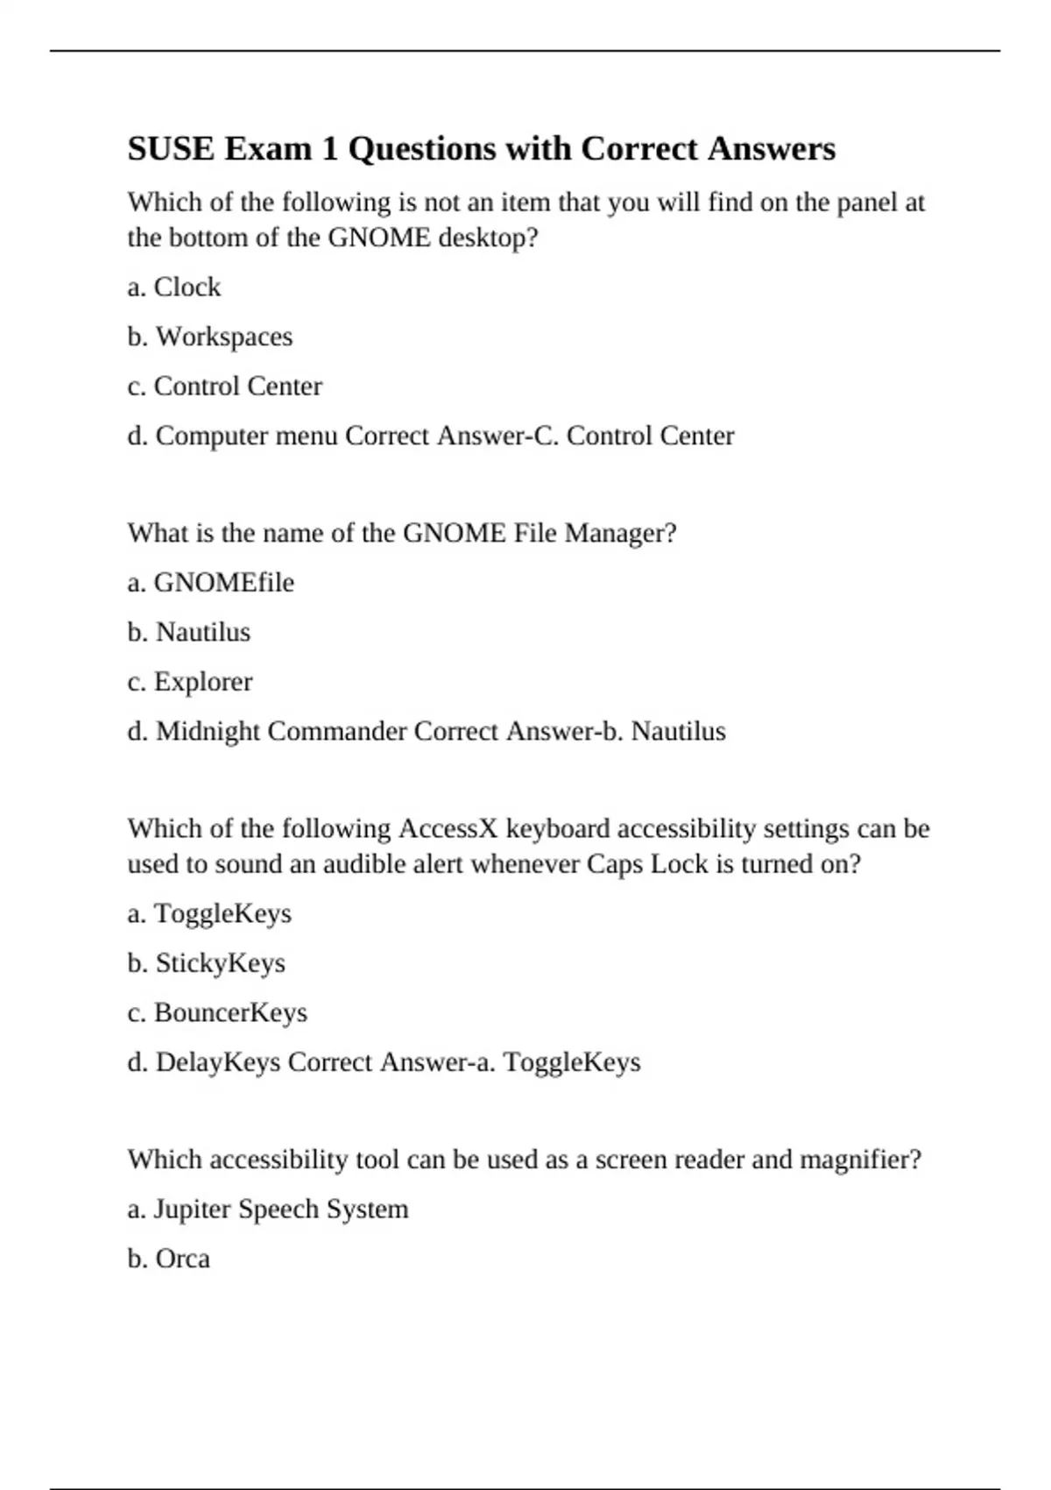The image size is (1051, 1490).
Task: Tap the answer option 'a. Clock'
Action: point(174,287)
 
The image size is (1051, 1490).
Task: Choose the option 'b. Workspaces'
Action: point(210,337)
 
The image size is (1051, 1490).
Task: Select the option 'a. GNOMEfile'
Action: point(211,583)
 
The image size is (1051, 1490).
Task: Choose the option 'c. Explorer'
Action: point(190,682)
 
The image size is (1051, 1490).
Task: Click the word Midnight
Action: point(208,732)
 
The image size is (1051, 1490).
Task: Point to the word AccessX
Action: point(448,828)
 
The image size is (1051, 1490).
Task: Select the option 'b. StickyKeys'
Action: point(207,963)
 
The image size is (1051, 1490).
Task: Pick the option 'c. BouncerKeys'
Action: point(217,1013)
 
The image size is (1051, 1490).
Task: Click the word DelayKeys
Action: point(217,1062)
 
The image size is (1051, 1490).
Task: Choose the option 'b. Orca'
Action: point(169,1259)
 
